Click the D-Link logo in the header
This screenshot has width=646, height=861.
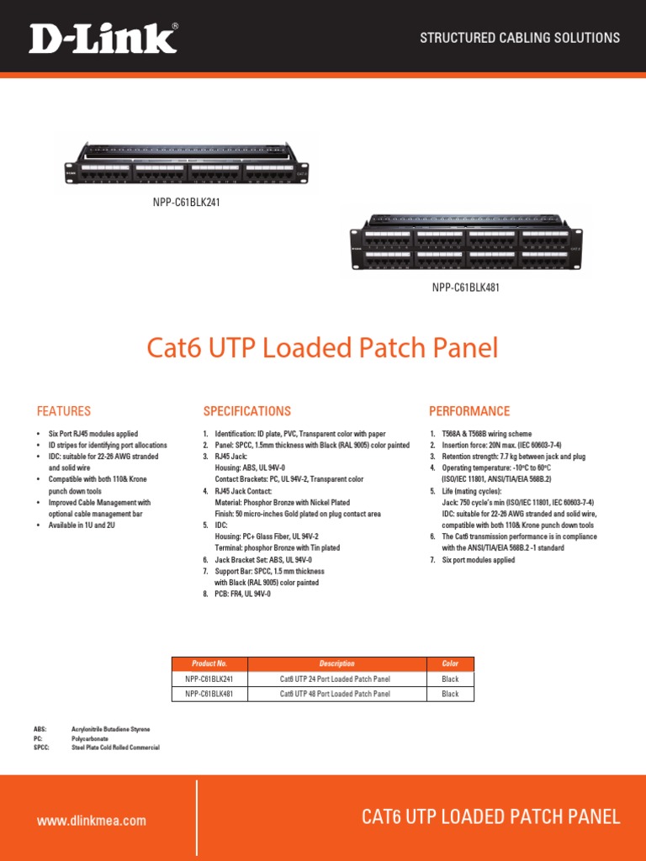pyautogui.click(x=103, y=38)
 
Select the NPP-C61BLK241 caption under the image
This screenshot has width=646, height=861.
pyautogui.click(x=187, y=203)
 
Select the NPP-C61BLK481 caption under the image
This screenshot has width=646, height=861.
pyautogui.click(x=466, y=288)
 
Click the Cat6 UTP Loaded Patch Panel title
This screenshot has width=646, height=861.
pyautogui.click(x=322, y=347)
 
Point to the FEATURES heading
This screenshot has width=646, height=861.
pyautogui.click(x=63, y=411)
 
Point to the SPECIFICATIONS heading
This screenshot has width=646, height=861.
pyautogui.click(x=246, y=411)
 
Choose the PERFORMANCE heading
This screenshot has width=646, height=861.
pyautogui.click(x=469, y=411)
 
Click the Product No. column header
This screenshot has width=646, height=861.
pyautogui.click(x=209, y=663)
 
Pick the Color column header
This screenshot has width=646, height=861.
pyautogui.click(x=450, y=663)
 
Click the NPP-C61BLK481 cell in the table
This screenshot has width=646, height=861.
pyautogui.click(x=209, y=694)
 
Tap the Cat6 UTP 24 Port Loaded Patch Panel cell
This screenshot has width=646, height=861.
pyautogui.click(x=335, y=679)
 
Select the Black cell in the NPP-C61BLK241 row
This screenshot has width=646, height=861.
pyautogui.click(x=450, y=679)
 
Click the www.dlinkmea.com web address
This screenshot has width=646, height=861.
pyautogui.click(x=92, y=821)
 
